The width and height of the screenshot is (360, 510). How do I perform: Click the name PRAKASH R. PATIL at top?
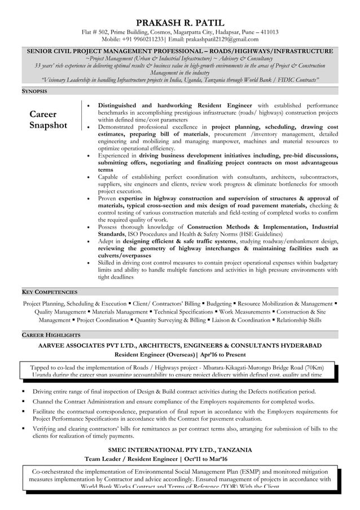180,23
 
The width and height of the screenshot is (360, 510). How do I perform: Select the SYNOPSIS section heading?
34,91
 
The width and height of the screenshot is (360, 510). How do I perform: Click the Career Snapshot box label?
48,120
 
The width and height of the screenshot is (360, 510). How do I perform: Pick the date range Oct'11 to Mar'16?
199,459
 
